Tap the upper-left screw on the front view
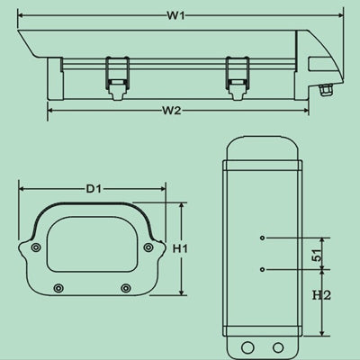point(35,247)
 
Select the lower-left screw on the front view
point(58,288)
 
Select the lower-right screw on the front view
point(124,288)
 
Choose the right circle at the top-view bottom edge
point(277,347)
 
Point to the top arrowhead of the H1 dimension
point(184,204)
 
